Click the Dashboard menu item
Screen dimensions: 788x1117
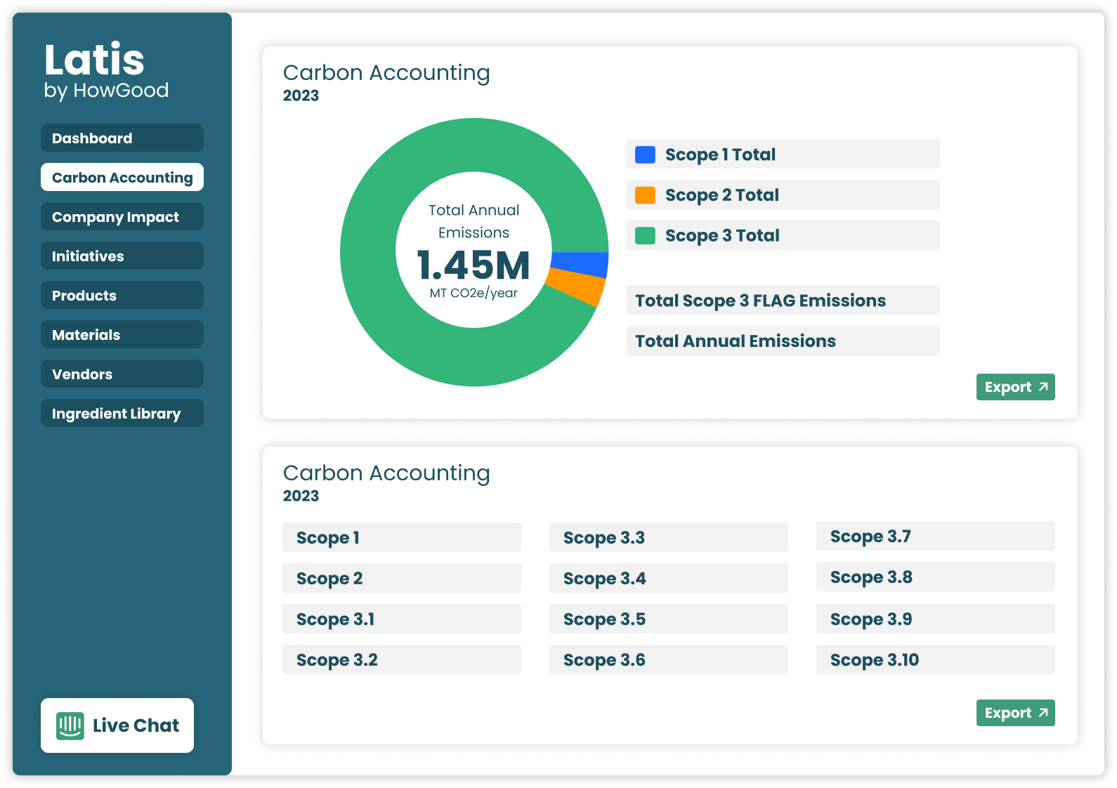pyautogui.click(x=122, y=138)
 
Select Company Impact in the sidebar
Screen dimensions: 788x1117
pyautogui.click(x=122, y=217)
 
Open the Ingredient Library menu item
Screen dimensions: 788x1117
pyautogui.click(x=122, y=414)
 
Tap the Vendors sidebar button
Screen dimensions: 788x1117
pyautogui.click(x=122, y=374)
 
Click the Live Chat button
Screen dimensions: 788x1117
pyautogui.click(x=117, y=725)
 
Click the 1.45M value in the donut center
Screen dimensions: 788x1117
pyautogui.click(x=473, y=265)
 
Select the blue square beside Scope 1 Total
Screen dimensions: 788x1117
pyautogui.click(x=645, y=155)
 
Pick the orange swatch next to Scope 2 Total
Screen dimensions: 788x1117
pyautogui.click(x=645, y=195)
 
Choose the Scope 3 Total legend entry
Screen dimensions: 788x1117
pyautogui.click(x=783, y=236)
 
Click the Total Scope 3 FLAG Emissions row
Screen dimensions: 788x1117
pyautogui.click(x=783, y=301)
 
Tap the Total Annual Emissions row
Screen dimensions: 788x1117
pyautogui.click(x=783, y=341)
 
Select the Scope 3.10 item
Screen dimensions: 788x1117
pyautogui.click(x=935, y=660)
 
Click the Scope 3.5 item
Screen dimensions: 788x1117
pyautogui.click(x=668, y=619)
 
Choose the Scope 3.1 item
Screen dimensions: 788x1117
pyautogui.click(x=401, y=619)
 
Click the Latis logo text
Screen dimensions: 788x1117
pyautogui.click(x=95, y=60)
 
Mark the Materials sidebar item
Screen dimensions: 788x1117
pyautogui.click(x=122, y=335)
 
